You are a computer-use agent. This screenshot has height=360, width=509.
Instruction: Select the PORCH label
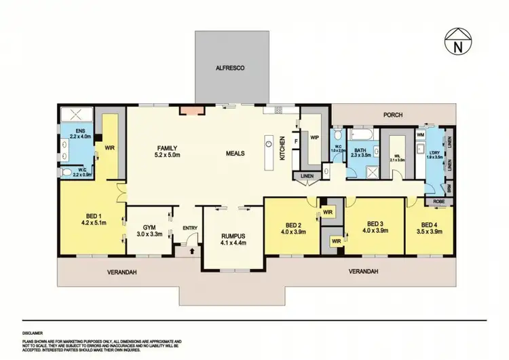pyautogui.click(x=393, y=115)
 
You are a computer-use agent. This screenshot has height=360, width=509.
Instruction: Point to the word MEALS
pyautogui.click(x=235, y=153)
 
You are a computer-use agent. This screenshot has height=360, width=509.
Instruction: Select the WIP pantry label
pyautogui.click(x=314, y=137)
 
